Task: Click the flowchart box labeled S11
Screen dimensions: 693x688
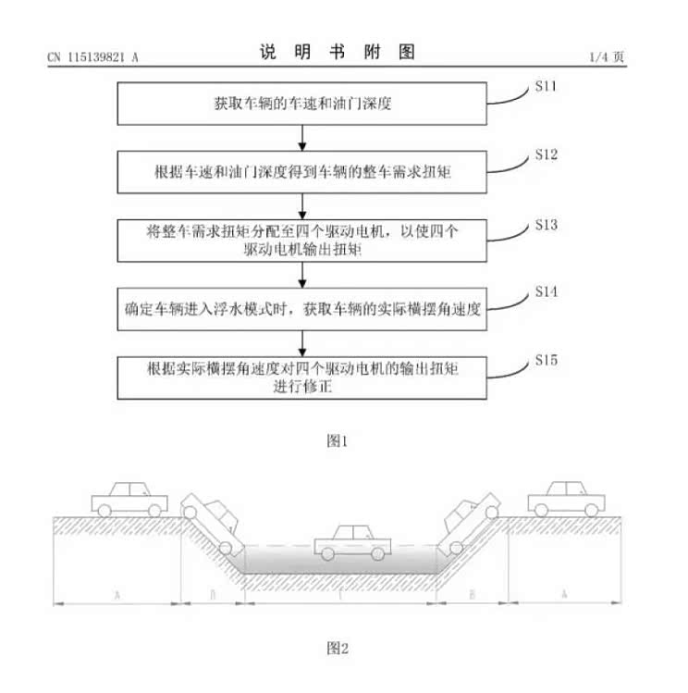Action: click(302, 104)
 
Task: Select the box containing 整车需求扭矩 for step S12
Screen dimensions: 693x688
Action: click(302, 172)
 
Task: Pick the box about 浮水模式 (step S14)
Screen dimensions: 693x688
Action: click(302, 306)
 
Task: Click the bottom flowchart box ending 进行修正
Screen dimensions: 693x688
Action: click(302, 377)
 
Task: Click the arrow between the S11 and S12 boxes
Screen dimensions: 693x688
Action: click(302, 138)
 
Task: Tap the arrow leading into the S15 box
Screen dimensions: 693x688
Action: click(302, 341)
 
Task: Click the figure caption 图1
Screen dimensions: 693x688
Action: click(338, 440)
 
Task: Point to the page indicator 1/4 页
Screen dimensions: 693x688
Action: click(607, 57)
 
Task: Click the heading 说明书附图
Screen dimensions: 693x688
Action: click(337, 52)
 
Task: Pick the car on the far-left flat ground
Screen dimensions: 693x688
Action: click(130, 499)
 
